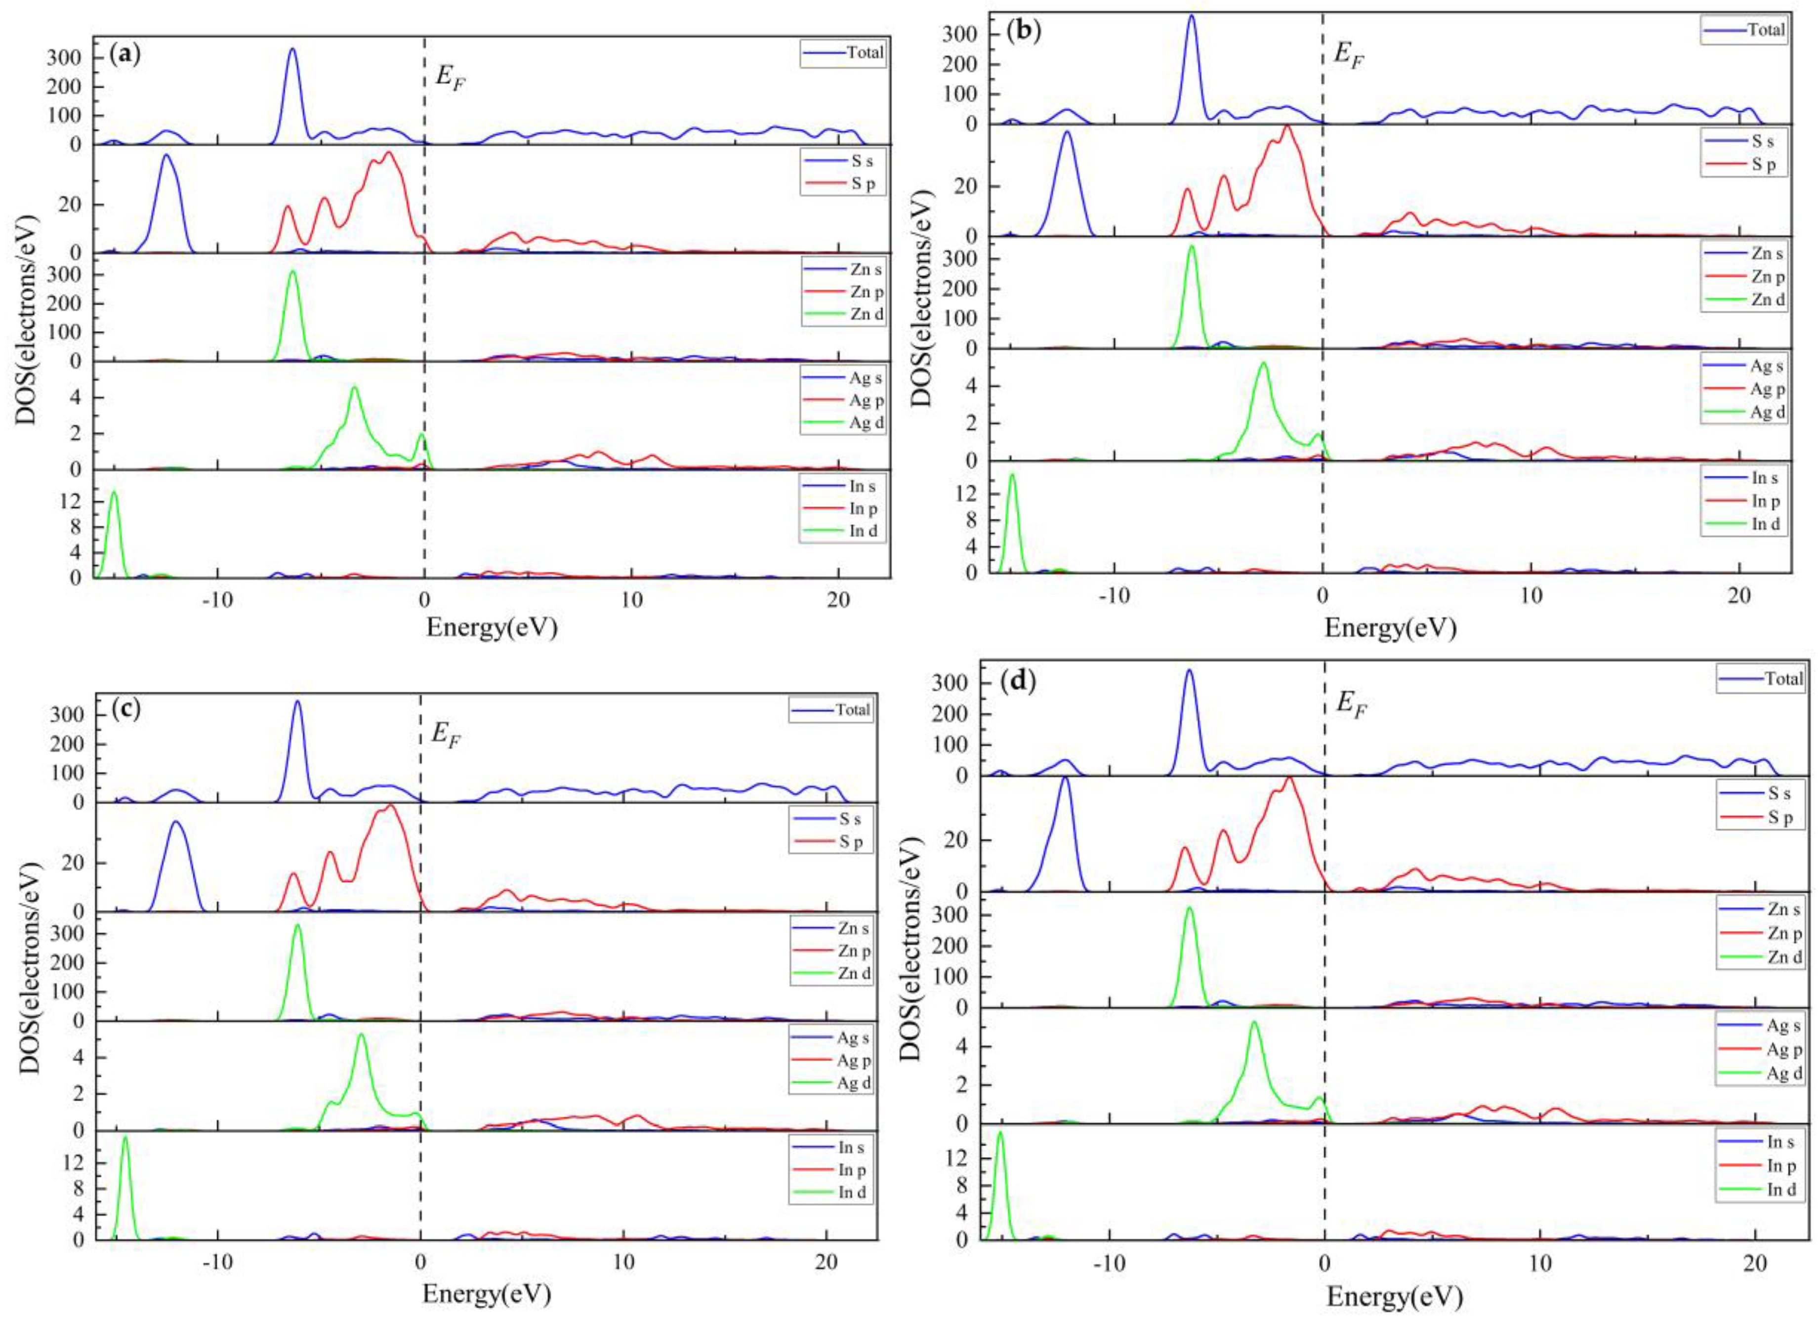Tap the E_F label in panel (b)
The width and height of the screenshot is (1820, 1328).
point(1349,55)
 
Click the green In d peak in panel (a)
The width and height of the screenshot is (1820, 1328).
point(114,494)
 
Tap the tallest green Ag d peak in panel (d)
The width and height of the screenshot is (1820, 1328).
point(1254,1023)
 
